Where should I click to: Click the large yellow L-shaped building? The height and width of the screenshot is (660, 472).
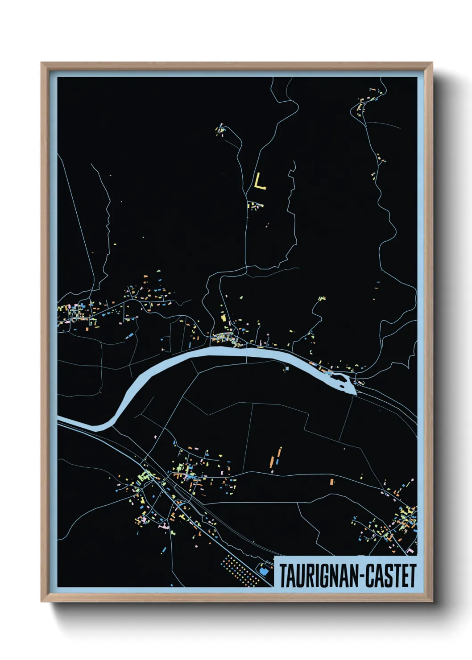259,182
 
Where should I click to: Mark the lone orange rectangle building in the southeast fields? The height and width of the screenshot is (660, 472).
331,482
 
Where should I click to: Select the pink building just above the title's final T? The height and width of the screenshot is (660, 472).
410,552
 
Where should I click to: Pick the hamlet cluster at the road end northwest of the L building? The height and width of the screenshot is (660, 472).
220,130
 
